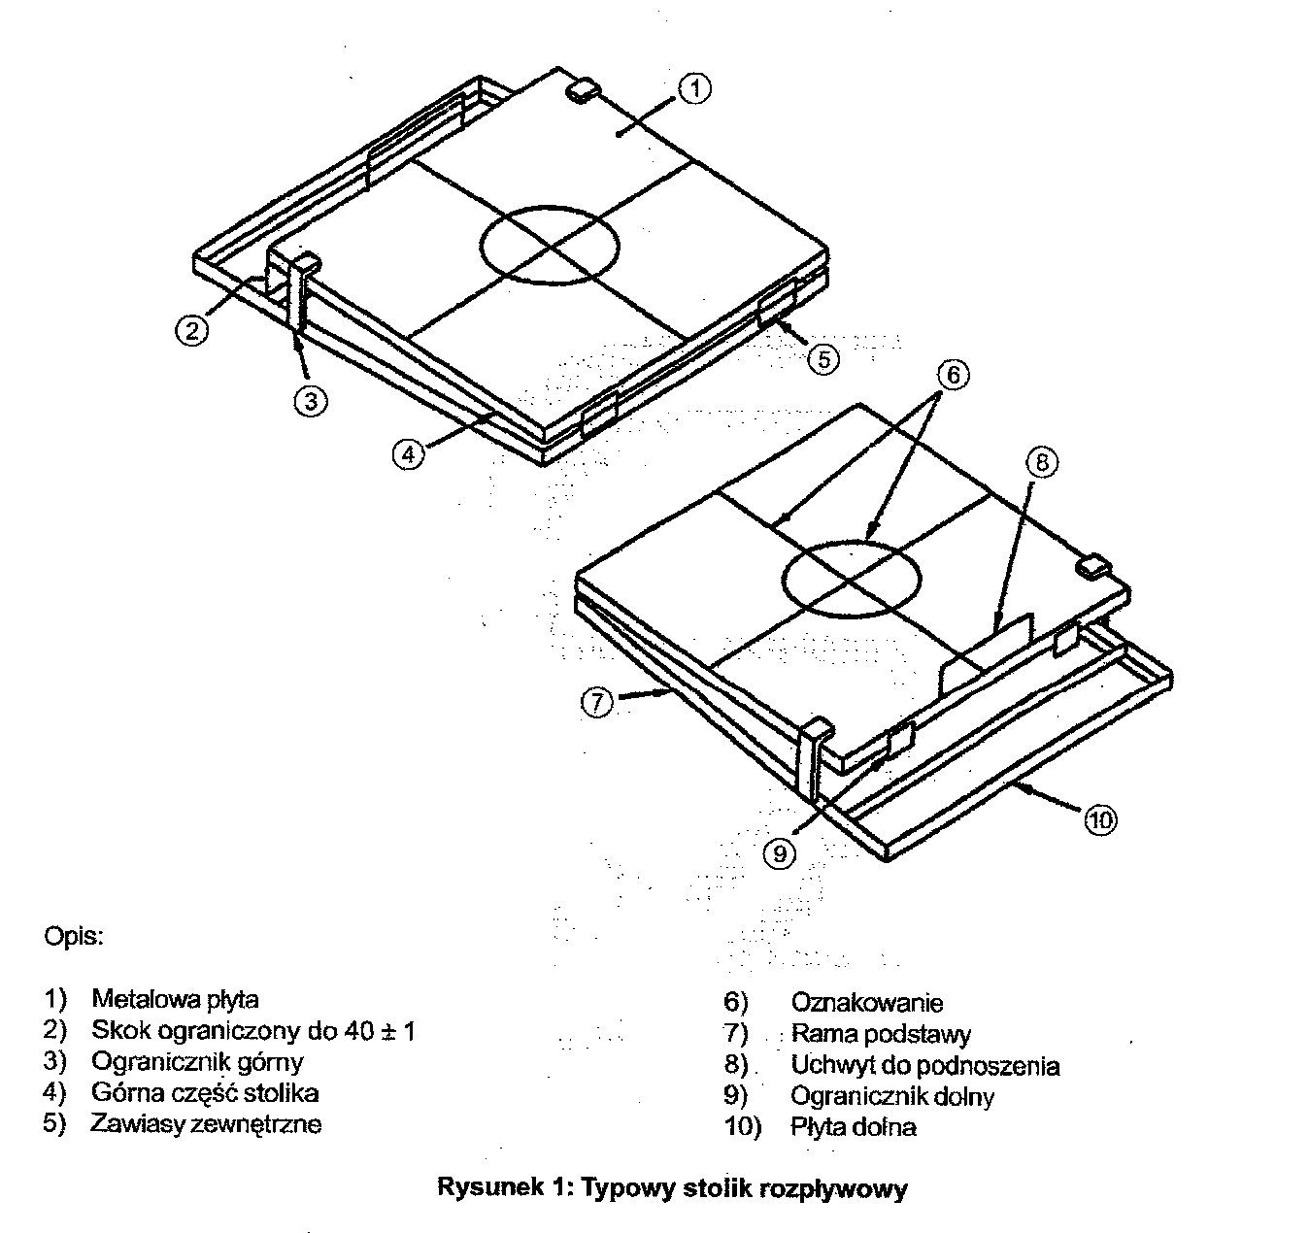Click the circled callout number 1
(695, 89)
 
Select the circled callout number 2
(192, 330)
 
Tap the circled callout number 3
(310, 400)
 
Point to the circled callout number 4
(409, 453)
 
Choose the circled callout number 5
(822, 359)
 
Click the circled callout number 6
(953, 375)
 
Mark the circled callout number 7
(598, 701)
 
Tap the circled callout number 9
(779, 852)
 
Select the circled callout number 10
(1100, 820)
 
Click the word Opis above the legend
(73, 938)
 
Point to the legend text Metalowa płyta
(175, 999)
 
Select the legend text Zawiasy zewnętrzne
(206, 1124)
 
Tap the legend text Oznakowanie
(866, 1003)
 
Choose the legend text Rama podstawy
(881, 1035)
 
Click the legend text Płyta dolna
(854, 1127)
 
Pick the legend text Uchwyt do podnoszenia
(924, 1066)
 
